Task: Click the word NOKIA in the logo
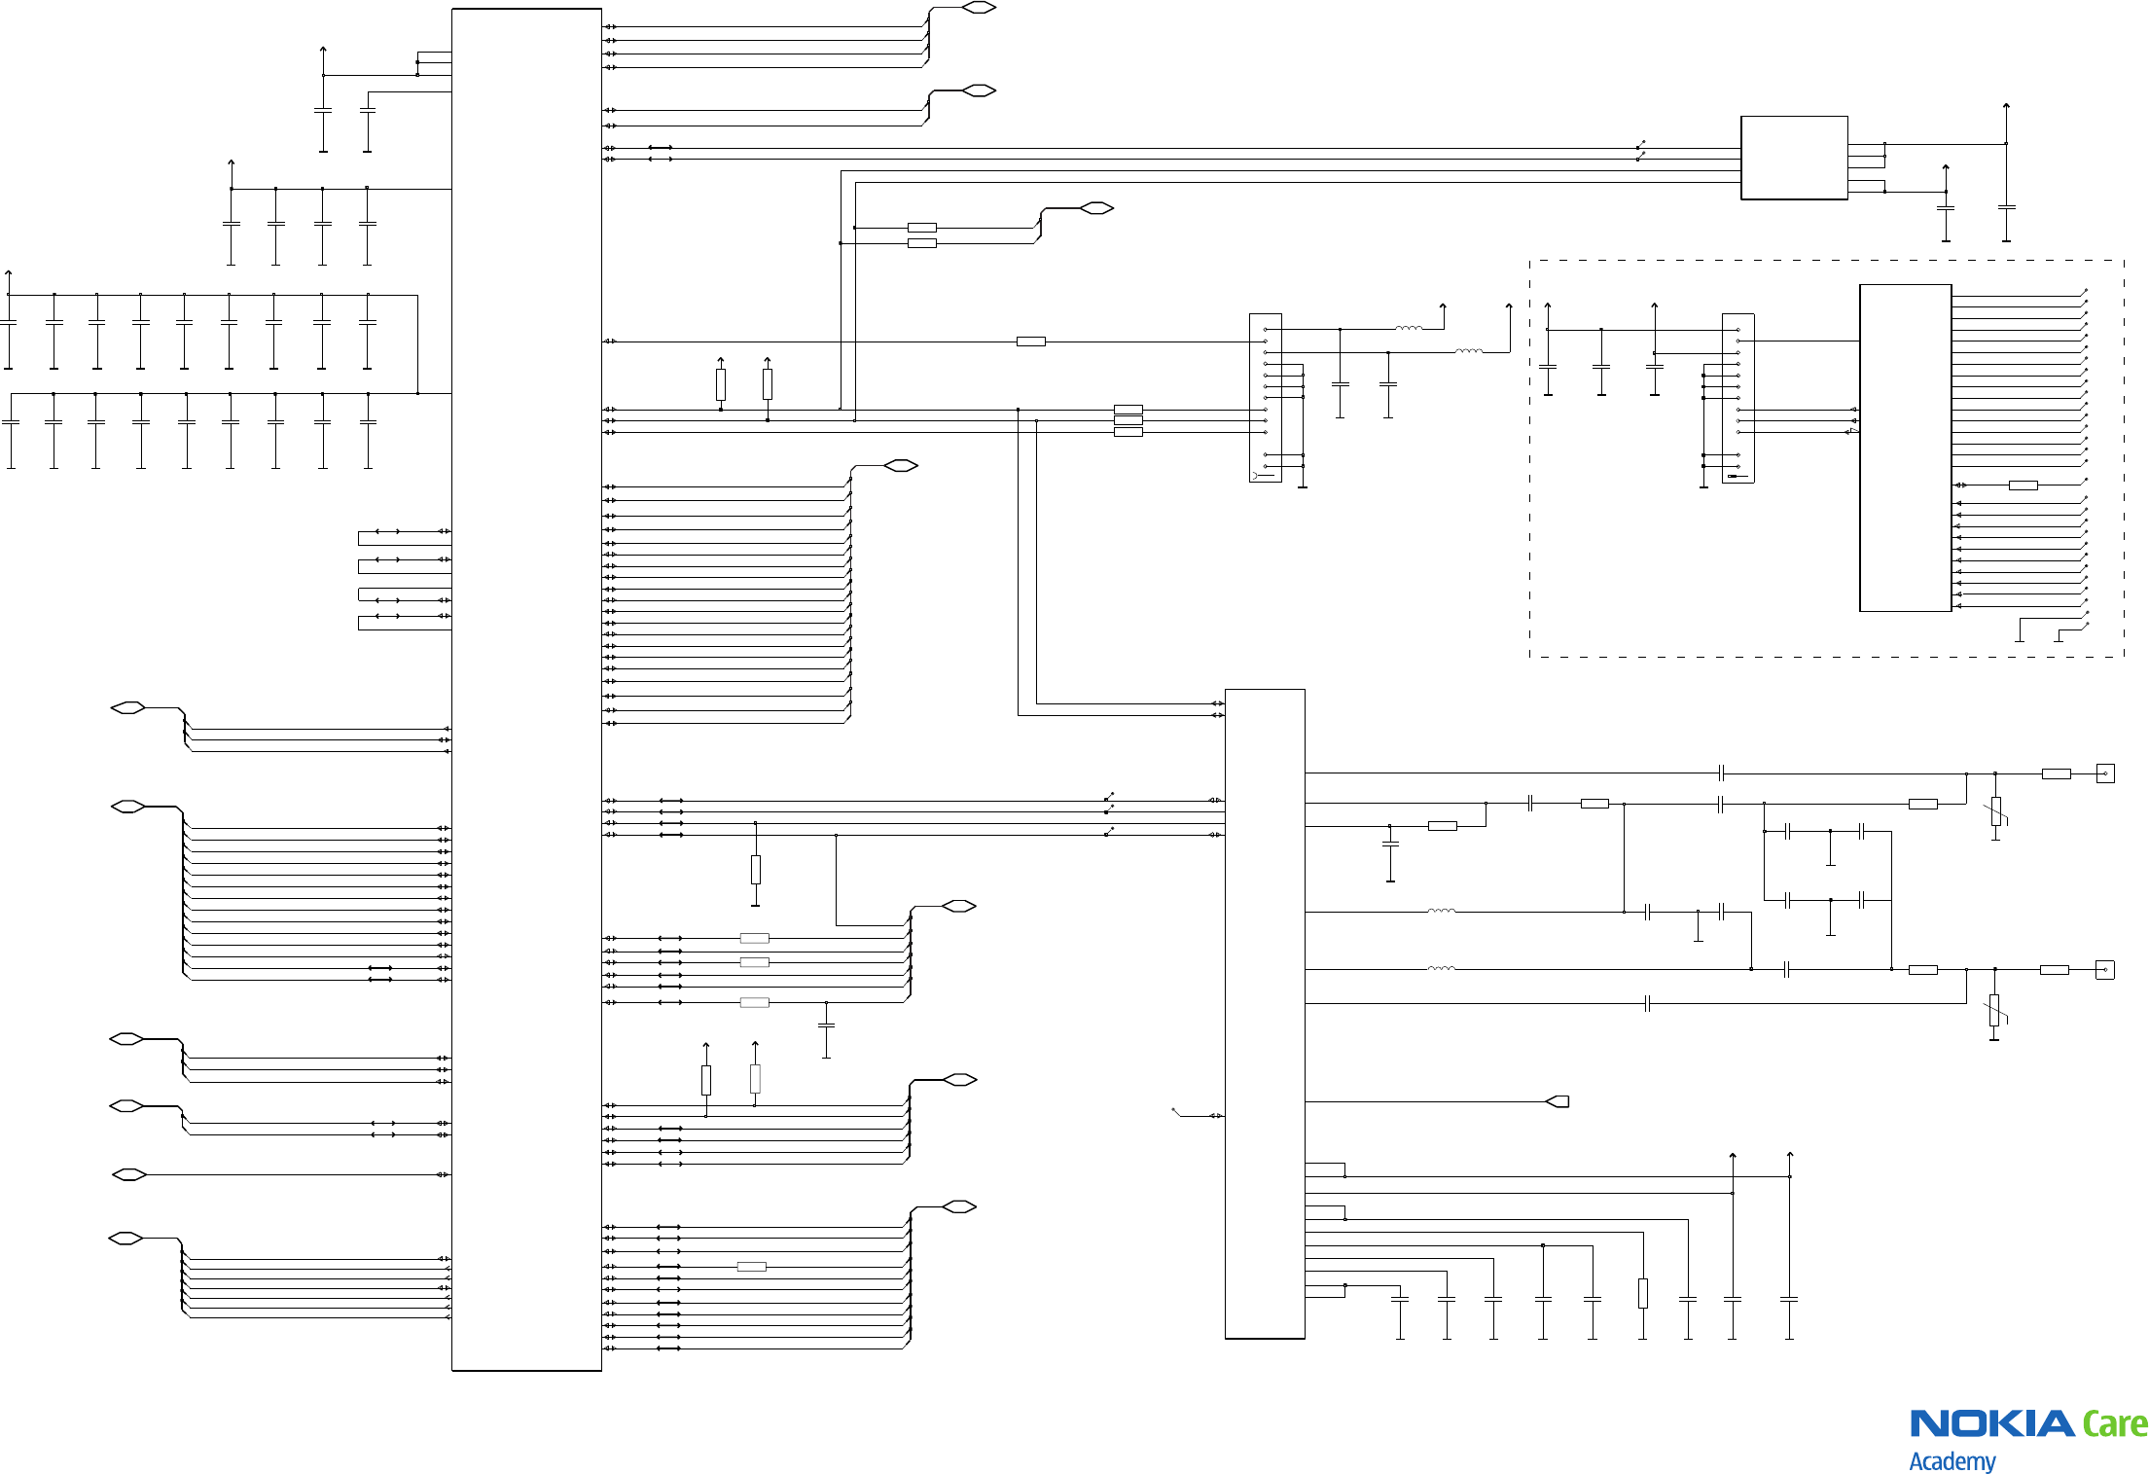(x=1991, y=1423)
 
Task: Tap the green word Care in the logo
(x=2114, y=1423)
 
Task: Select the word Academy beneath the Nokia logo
(x=1952, y=1460)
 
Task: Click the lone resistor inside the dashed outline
(x=2023, y=485)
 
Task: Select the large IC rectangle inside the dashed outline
(x=1905, y=448)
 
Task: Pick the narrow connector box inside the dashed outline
(x=1737, y=398)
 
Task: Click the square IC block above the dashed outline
(x=1794, y=158)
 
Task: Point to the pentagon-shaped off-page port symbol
(x=1558, y=1101)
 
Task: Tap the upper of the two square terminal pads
(x=2105, y=773)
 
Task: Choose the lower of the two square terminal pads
(x=2105, y=970)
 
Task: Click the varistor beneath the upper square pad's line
(x=1995, y=811)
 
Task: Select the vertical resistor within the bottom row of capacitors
(x=1642, y=1293)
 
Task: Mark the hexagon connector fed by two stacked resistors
(x=1096, y=208)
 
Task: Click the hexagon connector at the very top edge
(x=979, y=8)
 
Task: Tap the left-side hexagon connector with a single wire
(x=129, y=1174)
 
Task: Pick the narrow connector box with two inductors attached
(x=1265, y=398)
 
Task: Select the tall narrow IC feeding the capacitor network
(x=1265, y=1014)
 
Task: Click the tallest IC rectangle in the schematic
(x=526, y=690)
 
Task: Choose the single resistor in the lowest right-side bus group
(x=751, y=1267)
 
